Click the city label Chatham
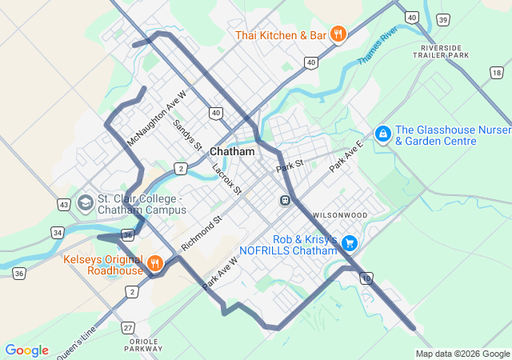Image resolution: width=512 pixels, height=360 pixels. tap(232, 151)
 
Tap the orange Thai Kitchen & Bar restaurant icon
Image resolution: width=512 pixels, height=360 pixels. tap(338, 34)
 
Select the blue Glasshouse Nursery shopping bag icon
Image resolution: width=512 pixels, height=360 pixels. tap(383, 133)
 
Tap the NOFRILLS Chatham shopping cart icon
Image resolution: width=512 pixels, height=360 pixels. tap(349, 242)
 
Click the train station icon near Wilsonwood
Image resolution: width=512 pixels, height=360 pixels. tap(284, 199)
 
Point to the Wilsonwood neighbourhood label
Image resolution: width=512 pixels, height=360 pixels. tap(340, 215)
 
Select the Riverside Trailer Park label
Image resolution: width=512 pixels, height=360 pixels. tap(445, 52)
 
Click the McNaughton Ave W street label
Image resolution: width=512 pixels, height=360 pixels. tap(157, 118)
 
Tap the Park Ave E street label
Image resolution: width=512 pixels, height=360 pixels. tap(346, 155)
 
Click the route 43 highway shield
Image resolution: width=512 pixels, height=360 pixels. tap(63, 206)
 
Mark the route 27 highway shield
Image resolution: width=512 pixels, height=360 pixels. tap(128, 327)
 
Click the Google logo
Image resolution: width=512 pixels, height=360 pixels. tap(26, 350)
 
